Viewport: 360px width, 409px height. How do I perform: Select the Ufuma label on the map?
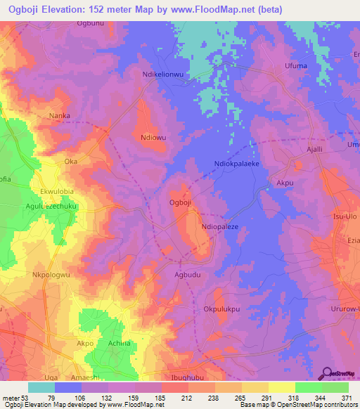pyautogui.click(x=295, y=66)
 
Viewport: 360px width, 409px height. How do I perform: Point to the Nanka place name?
pyautogui.click(x=78, y=115)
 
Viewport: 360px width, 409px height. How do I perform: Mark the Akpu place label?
pyautogui.click(x=285, y=182)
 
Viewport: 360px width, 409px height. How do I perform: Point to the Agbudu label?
pyautogui.click(x=188, y=276)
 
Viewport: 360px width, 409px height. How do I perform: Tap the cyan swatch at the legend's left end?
pyautogui.click(x=41, y=387)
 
